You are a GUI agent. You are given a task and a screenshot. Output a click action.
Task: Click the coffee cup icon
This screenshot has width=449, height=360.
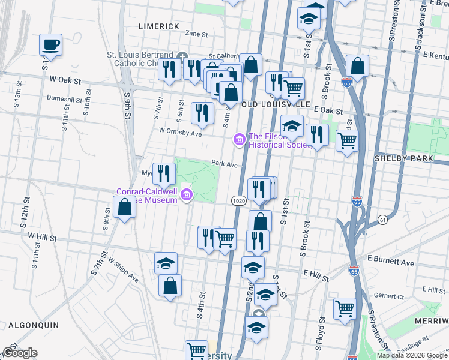coord(50,44)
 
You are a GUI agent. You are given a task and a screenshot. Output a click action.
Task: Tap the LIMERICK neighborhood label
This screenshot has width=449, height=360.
coord(159,26)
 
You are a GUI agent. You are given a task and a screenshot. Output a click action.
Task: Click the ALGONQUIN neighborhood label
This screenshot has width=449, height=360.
coord(33,325)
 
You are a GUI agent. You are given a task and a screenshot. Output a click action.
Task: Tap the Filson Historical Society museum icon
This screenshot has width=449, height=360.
coord(239,140)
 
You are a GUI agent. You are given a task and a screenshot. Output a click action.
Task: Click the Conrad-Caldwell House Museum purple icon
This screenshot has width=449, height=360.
coord(187,194)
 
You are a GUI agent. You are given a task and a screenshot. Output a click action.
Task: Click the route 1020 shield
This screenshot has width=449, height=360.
coord(237,199)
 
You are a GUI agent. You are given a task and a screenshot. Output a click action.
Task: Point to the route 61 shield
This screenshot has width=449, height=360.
coord(382,221)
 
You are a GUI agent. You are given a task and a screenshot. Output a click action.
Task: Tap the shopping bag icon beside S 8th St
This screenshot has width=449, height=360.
coord(124,208)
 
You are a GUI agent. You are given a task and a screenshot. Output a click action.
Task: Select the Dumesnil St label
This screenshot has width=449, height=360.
coord(67,97)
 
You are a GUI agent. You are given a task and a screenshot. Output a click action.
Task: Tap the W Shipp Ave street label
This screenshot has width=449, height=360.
coord(124,271)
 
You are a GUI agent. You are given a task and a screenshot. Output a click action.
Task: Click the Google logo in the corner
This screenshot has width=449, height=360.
coord(20,353)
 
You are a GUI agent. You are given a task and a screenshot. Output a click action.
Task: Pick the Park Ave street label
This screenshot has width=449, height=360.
coord(225,164)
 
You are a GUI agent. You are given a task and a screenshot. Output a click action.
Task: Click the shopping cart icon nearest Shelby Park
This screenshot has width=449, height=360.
coord(347,140)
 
